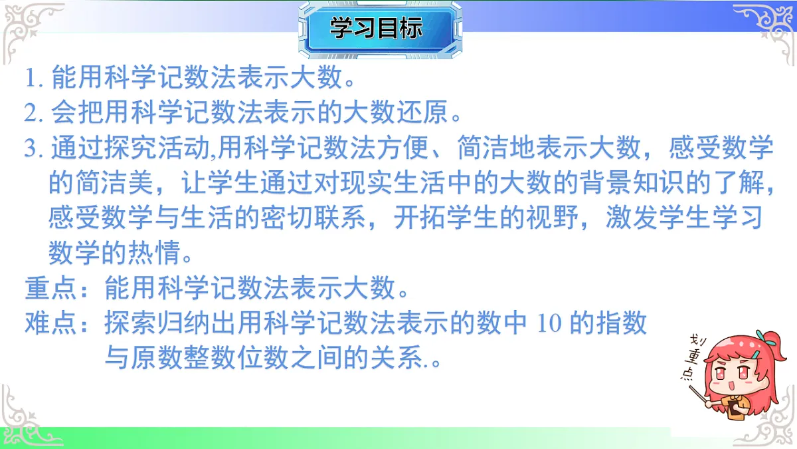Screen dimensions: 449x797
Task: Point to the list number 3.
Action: tap(34, 148)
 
